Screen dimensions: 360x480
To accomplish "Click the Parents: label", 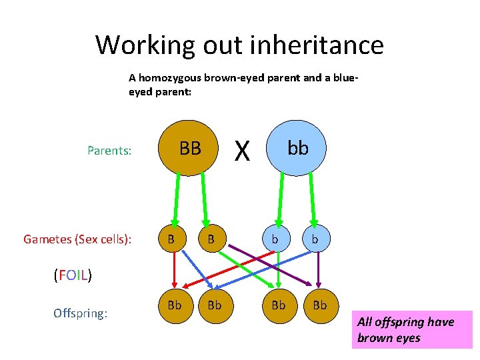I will pos(109,151).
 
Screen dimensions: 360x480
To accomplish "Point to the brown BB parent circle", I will pos(190,149).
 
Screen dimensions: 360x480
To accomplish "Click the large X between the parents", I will pos(243,152).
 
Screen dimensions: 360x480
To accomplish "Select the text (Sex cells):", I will pos(103,239).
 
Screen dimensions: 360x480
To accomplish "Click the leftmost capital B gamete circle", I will pos(171,239).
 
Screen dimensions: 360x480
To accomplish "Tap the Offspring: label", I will pos(80,313).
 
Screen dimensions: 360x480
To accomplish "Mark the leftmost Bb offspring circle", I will pos(175,305).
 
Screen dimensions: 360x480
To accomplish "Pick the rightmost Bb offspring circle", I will pos(320,305).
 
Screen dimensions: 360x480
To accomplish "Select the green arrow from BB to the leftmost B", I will pos(177,197).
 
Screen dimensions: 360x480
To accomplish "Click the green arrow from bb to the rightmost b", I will pos(311,197).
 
